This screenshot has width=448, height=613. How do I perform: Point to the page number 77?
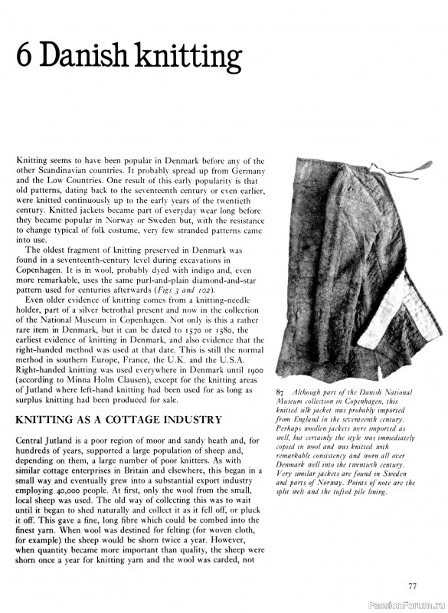pos(412,587)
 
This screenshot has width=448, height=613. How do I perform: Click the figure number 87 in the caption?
pos(280,393)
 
